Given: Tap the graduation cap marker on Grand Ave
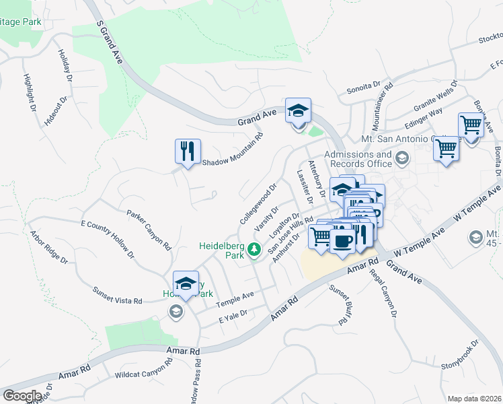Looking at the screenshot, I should (x=298, y=110).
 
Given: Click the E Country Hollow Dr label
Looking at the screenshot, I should (x=108, y=239).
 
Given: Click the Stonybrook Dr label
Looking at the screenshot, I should (x=459, y=357).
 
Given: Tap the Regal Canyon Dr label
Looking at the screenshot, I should (x=383, y=294).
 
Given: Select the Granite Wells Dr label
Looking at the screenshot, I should (x=436, y=97).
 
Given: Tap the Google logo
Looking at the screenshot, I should (x=22, y=395).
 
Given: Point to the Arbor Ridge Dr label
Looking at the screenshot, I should (x=48, y=246).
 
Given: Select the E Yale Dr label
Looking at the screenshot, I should (x=233, y=316).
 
